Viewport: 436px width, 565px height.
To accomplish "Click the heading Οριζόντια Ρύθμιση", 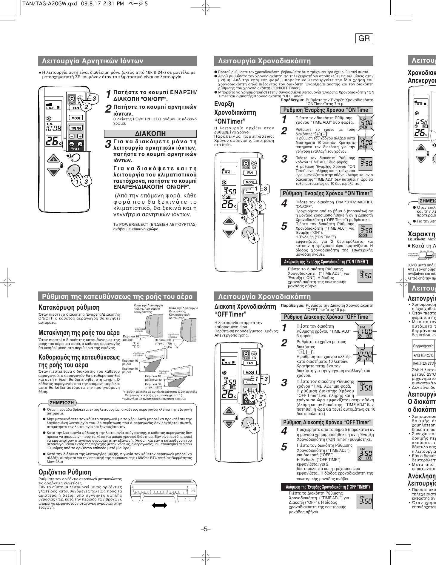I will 65,472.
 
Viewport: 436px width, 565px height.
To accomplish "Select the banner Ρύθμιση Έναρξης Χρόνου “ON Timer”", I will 327,193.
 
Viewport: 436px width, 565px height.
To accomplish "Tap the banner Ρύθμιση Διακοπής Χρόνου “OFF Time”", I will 327,317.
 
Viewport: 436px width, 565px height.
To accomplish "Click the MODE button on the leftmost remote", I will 76,118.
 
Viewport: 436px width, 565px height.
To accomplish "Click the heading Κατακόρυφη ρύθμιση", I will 69,308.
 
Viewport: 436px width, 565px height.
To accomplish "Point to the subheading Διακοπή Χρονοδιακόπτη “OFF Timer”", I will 245,310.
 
